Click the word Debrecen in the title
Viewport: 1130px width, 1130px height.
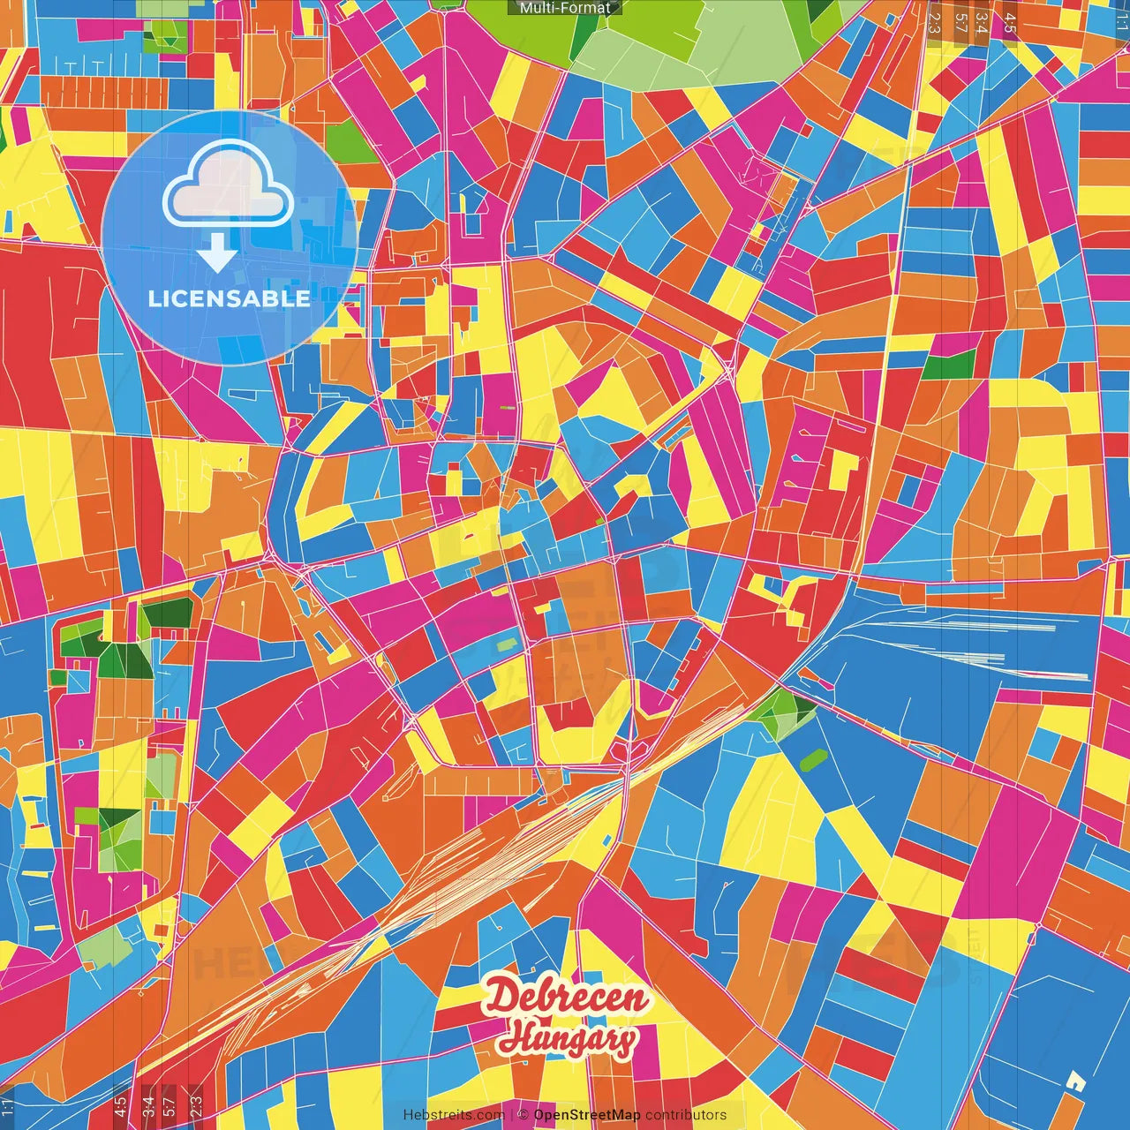point(565,998)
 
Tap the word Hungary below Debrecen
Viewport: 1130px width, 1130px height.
point(567,1039)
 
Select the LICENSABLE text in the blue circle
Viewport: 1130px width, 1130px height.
point(229,298)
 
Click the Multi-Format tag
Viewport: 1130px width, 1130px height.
point(564,8)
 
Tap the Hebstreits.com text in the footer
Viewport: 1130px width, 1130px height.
point(454,1115)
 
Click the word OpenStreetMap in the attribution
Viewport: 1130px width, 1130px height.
point(586,1115)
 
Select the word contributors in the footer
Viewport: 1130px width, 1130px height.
point(686,1115)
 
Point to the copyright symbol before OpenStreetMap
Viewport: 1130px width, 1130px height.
point(523,1115)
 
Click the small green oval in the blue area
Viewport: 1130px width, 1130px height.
point(812,757)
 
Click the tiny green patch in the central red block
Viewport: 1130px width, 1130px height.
point(600,521)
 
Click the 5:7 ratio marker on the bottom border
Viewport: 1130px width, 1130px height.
point(169,1106)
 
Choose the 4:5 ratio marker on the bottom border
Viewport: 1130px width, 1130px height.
point(120,1106)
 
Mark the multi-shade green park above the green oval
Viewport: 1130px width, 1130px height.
point(781,711)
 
